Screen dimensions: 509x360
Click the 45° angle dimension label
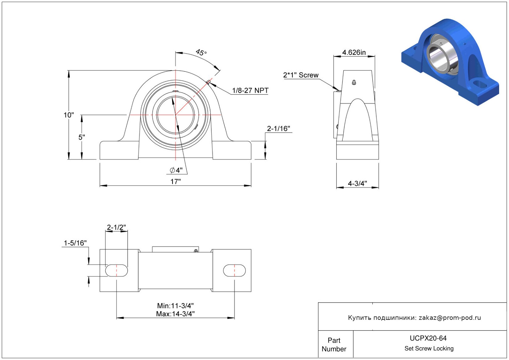coord(201,53)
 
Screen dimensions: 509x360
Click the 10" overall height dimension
coord(69,115)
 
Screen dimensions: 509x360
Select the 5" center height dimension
coord(82,137)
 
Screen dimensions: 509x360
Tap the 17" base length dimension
coord(176,182)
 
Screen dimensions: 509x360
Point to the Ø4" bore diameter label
coord(176,170)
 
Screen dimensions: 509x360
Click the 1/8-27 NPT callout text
coord(250,91)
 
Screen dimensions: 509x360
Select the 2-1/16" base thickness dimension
coord(278,129)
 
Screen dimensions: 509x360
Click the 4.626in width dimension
coord(354,53)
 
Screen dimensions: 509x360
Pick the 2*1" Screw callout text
coord(301,75)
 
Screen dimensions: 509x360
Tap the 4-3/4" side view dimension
coord(358,184)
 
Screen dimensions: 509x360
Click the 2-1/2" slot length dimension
coord(116,227)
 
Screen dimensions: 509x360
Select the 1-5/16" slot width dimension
coord(75,243)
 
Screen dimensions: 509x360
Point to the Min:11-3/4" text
coord(176,306)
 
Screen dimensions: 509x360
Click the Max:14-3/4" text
coord(176,314)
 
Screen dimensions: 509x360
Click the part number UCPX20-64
coord(428,338)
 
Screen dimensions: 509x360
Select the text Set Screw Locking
coord(429,348)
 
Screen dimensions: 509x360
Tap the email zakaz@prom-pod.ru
coord(450,318)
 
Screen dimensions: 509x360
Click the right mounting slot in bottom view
coord(234,270)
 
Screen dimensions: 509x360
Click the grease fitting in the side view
coord(354,82)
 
